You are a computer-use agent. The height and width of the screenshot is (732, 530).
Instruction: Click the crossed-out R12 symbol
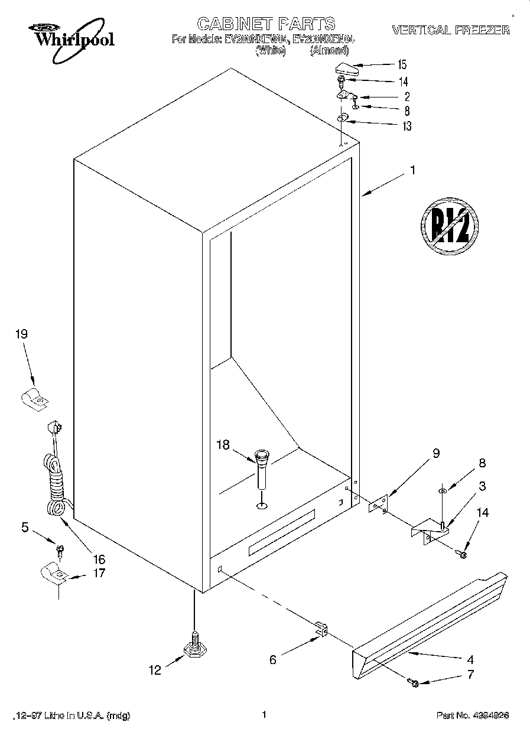point(449,225)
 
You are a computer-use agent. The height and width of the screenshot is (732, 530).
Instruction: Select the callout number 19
point(21,334)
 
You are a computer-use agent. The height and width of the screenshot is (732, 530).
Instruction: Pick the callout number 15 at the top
point(402,64)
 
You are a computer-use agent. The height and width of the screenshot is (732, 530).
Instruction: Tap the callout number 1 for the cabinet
point(412,170)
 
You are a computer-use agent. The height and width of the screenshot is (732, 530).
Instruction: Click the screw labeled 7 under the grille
point(414,683)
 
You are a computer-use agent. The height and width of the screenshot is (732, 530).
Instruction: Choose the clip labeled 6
point(320,630)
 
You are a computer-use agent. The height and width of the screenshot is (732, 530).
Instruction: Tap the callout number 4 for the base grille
point(470,659)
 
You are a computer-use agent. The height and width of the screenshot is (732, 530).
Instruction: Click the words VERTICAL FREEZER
point(450,30)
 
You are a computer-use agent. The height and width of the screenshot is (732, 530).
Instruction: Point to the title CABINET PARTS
point(265,24)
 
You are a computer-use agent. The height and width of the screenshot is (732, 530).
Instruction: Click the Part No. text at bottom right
point(472,715)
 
